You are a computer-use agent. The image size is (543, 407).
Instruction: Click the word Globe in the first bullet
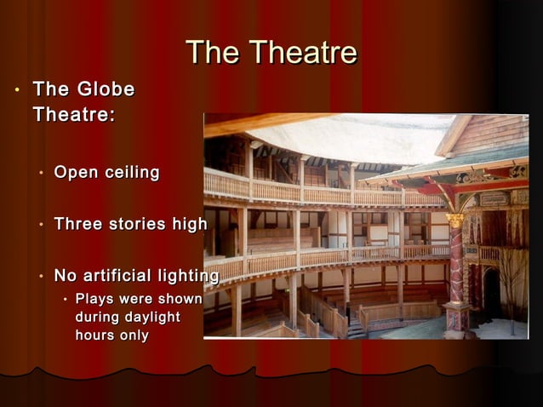click(x=106, y=89)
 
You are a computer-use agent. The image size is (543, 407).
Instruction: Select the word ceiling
click(x=132, y=173)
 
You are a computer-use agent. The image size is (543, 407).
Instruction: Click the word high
click(x=190, y=225)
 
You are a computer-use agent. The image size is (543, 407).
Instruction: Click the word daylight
click(x=150, y=317)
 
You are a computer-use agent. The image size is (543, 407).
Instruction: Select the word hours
click(x=95, y=335)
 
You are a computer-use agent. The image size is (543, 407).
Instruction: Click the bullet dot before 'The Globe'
click(x=14, y=90)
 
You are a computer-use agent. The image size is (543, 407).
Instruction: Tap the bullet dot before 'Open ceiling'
click(x=41, y=174)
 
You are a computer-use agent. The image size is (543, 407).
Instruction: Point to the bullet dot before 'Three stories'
click(x=41, y=226)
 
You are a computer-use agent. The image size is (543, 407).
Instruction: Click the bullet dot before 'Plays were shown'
click(x=65, y=300)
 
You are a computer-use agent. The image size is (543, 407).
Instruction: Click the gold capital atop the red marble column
click(x=456, y=221)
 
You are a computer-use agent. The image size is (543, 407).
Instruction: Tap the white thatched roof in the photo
click(x=357, y=136)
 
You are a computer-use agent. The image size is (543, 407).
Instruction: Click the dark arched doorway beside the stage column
click(x=492, y=294)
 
